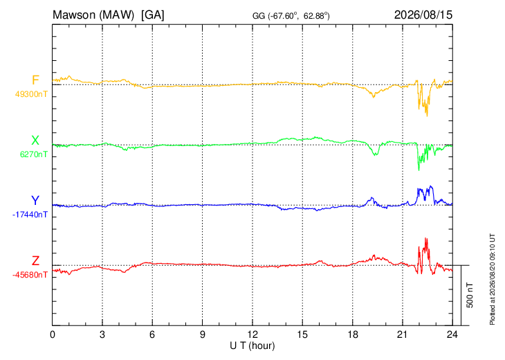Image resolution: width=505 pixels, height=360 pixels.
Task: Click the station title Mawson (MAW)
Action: tap(93, 15)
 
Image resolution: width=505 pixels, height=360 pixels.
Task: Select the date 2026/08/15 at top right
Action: tap(423, 15)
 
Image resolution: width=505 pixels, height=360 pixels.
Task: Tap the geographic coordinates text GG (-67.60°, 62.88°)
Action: tap(291, 16)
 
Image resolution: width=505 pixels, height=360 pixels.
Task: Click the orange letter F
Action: tap(35, 80)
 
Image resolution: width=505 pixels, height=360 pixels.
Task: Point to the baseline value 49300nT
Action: tap(31, 94)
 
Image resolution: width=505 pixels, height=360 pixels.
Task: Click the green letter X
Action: tap(35, 141)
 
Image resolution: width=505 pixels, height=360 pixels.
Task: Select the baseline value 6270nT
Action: tap(33, 154)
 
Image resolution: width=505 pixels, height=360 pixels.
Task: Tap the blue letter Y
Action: tap(35, 201)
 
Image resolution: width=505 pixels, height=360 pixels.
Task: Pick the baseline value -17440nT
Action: tap(30, 215)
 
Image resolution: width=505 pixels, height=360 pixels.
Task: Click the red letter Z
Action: tap(35, 260)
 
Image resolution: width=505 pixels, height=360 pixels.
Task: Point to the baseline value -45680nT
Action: tap(30, 275)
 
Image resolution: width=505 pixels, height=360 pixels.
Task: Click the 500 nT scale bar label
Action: tap(470, 295)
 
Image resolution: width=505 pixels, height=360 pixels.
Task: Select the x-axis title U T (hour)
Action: tap(252, 346)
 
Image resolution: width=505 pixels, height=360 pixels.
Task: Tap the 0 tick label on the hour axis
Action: tap(53, 334)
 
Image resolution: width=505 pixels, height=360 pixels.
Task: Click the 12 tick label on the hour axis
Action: tap(252, 334)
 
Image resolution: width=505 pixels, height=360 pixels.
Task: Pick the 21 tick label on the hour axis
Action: tap(403, 334)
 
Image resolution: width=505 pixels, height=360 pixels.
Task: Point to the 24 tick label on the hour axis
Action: tap(452, 334)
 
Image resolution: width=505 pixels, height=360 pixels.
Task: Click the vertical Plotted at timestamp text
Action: tap(492, 280)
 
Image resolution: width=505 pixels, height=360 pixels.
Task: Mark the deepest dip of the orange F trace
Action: tap(427, 116)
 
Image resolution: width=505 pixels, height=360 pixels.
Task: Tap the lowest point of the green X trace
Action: tap(419, 170)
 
